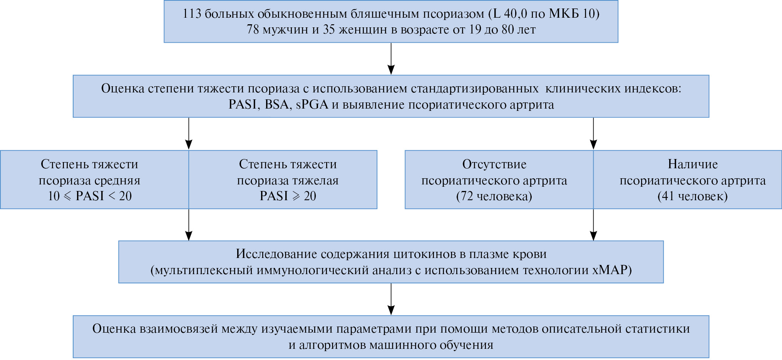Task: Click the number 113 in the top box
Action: click(192, 14)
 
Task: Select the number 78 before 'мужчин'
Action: click(253, 30)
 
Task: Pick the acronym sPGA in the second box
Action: click(312, 105)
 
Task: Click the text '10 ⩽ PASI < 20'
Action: click(90, 196)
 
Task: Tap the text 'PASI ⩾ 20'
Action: click(288, 196)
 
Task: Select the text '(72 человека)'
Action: click(494, 196)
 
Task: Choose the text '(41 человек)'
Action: click(692, 196)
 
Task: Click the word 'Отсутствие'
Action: click(494, 164)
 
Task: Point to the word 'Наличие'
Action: click(692, 164)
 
